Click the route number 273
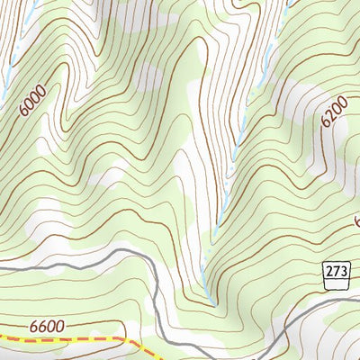pos(335,268)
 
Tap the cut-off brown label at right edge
pos(356,220)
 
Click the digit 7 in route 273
pos(335,268)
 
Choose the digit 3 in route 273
pos(341,268)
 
